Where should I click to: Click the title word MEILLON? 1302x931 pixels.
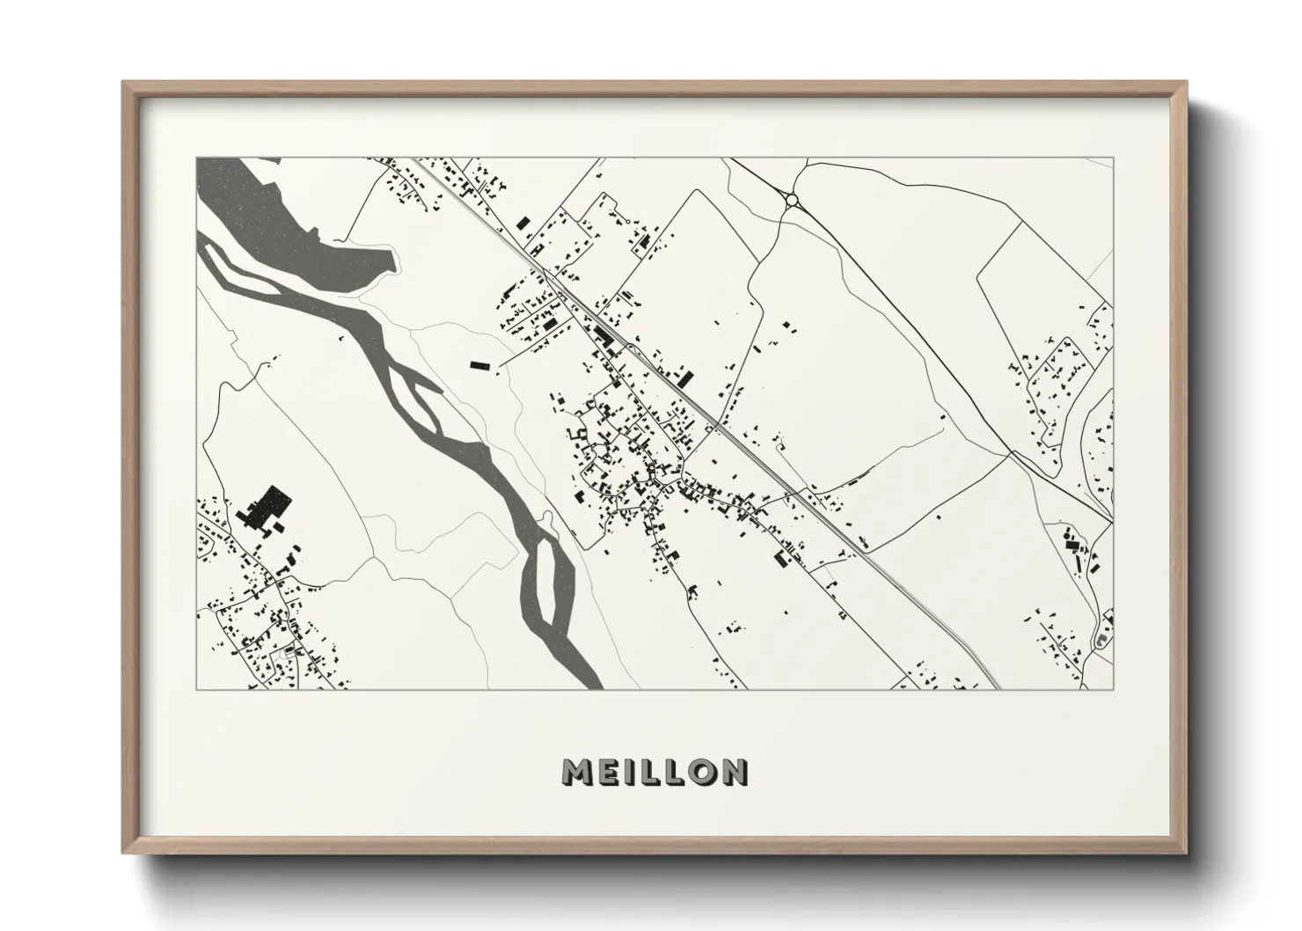tap(655, 772)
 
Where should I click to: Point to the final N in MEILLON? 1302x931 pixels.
tap(733, 772)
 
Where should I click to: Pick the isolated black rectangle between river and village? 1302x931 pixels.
tap(479, 363)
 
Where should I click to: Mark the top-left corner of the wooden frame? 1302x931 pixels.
tap(124, 83)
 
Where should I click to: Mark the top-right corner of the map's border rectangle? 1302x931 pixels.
tap(1114, 158)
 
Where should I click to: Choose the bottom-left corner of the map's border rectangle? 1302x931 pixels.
tap(196, 689)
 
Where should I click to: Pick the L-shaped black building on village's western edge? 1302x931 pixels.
tap(578, 435)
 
